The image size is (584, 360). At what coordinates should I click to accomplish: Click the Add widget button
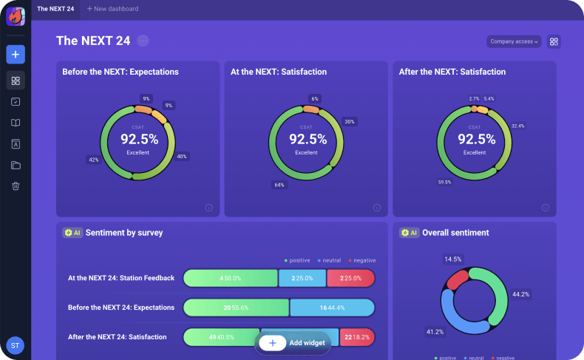click(x=293, y=343)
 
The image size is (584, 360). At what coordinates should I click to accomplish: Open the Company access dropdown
click(x=514, y=41)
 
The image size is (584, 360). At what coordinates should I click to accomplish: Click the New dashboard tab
click(x=112, y=9)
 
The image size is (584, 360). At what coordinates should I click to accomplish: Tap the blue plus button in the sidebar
click(x=16, y=54)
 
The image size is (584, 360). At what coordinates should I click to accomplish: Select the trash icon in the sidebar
click(x=16, y=186)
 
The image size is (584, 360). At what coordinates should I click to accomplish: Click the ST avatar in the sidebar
click(x=15, y=344)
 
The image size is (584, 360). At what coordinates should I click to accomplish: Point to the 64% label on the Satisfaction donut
click(x=279, y=185)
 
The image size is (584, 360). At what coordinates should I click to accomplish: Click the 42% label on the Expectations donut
click(x=94, y=160)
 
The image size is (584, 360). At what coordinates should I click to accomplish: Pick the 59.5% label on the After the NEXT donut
click(x=445, y=182)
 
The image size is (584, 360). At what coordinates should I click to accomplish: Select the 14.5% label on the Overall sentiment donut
click(x=453, y=259)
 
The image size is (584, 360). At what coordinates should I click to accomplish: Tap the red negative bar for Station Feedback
click(x=351, y=278)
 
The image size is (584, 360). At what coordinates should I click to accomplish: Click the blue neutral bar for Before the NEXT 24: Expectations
click(x=332, y=308)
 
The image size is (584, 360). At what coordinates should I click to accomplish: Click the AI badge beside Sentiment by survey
click(x=72, y=233)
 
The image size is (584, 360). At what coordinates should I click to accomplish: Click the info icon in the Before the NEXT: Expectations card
click(x=208, y=208)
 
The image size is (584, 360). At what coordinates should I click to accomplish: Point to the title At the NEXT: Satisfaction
click(x=279, y=72)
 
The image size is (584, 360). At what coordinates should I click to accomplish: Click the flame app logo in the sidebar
click(x=16, y=16)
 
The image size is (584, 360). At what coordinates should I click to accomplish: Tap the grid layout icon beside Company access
click(x=554, y=41)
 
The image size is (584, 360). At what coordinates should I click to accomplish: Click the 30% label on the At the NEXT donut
click(x=350, y=122)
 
